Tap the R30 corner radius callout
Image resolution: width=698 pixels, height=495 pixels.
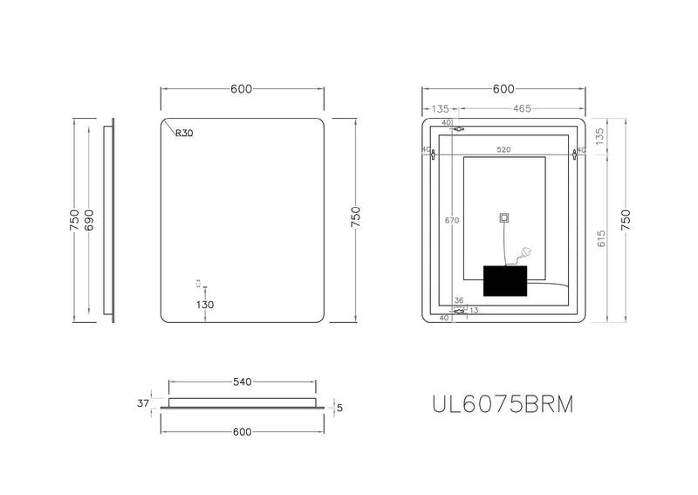(x=184, y=134)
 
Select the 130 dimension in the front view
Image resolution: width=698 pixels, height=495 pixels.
(x=205, y=305)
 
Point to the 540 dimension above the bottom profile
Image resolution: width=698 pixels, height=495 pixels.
(x=242, y=382)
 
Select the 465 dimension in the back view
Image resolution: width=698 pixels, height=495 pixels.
(x=522, y=109)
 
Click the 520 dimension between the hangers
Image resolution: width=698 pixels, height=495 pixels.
(x=503, y=150)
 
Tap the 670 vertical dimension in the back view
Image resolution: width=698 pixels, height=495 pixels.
(x=451, y=221)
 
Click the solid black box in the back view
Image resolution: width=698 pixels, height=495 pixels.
(x=506, y=282)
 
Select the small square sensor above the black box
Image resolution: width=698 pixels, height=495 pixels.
(x=503, y=218)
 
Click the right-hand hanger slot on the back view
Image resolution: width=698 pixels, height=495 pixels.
(x=575, y=155)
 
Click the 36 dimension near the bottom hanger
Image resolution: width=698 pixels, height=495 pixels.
(x=459, y=299)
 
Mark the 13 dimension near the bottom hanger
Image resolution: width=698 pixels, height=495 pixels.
(x=474, y=309)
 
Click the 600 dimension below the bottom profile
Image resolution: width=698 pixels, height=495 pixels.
(x=242, y=432)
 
